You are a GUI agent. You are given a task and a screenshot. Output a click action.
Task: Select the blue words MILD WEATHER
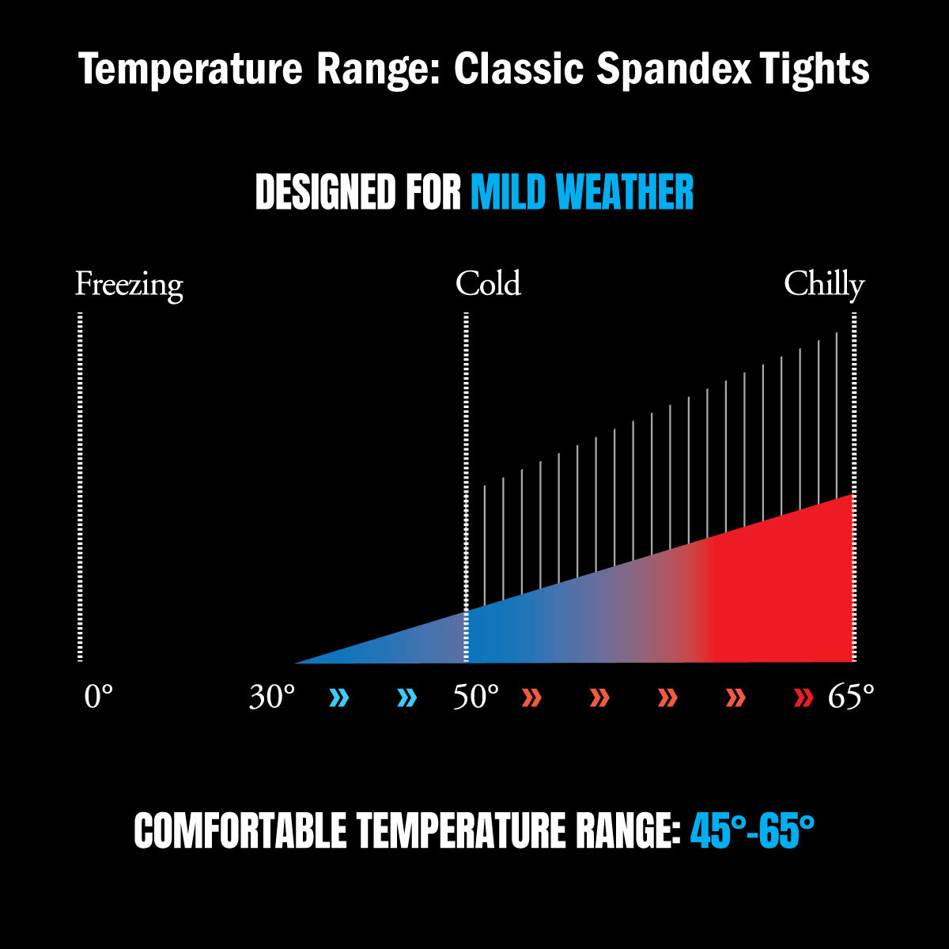click(582, 192)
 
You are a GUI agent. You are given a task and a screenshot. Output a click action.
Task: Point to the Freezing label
click(129, 285)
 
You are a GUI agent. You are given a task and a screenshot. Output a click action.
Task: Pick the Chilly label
click(824, 285)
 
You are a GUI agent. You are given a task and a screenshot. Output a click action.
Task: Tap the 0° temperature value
click(99, 698)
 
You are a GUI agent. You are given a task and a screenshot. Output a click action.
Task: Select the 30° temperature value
click(272, 698)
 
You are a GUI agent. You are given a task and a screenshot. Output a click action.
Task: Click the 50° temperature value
click(476, 698)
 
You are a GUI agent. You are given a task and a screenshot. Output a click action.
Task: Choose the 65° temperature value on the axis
click(851, 698)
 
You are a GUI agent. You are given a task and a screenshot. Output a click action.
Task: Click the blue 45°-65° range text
click(752, 831)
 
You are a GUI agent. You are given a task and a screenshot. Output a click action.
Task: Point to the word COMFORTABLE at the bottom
click(240, 831)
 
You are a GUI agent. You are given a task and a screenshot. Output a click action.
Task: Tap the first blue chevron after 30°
click(339, 698)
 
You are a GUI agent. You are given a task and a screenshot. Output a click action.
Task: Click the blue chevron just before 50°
click(407, 698)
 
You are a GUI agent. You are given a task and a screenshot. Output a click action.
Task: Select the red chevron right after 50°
click(531, 698)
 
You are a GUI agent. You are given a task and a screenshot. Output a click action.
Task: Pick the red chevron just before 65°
click(803, 698)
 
